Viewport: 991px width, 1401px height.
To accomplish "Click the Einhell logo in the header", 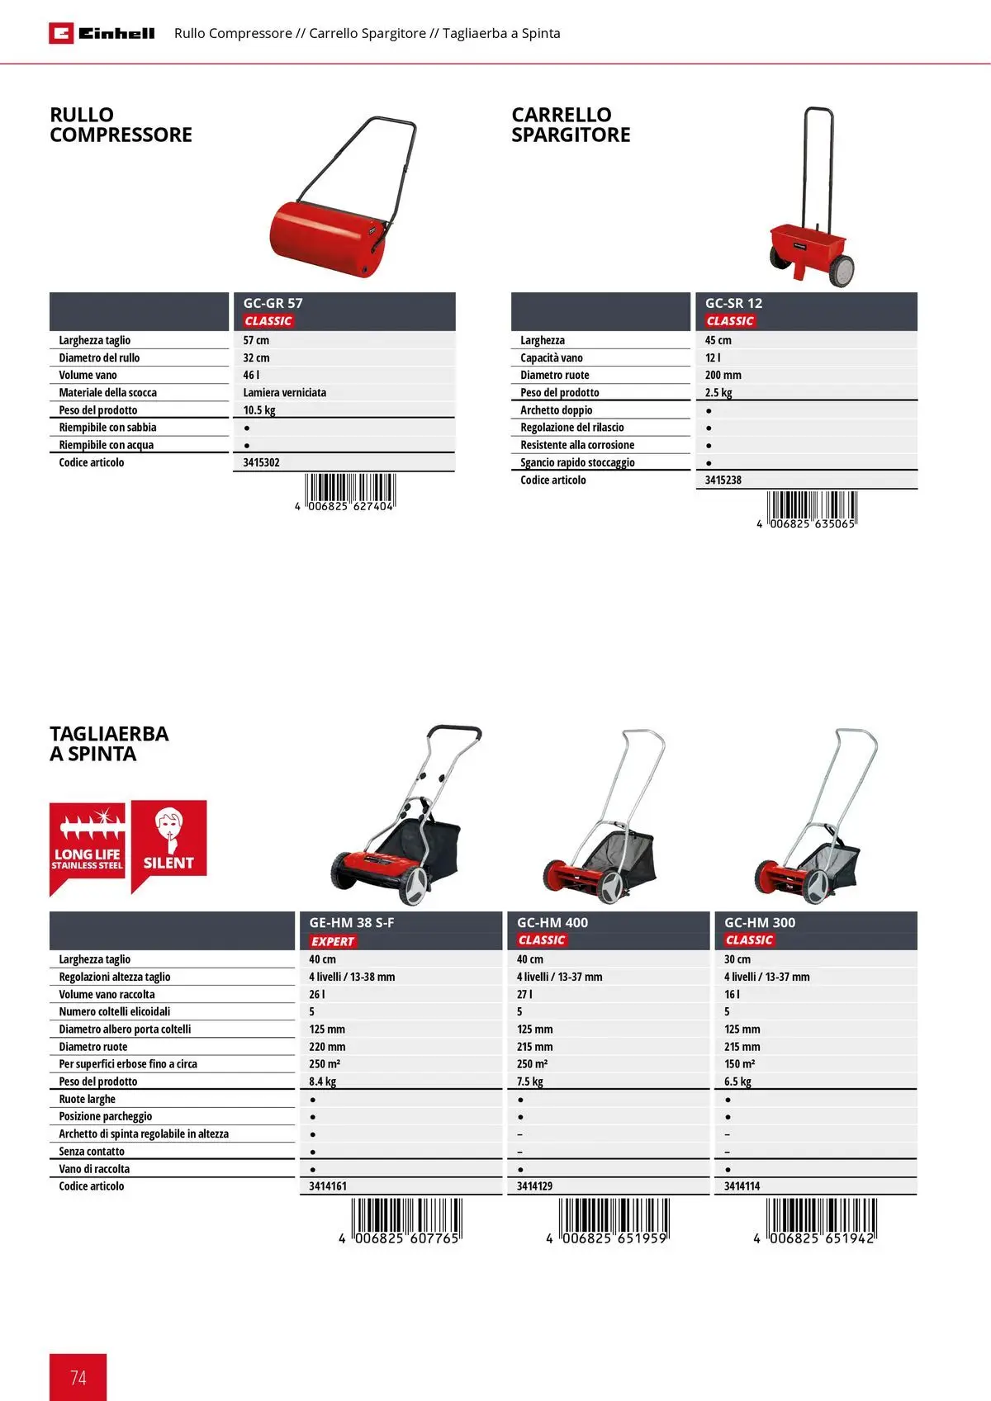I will point(102,33).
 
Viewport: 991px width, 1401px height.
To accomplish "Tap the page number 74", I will point(78,1377).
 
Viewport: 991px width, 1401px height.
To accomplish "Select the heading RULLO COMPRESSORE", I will point(121,125).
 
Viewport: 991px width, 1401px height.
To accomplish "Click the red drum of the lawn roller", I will point(326,239).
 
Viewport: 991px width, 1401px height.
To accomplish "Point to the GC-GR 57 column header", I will point(273,303).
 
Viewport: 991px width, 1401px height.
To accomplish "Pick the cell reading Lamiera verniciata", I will point(284,393).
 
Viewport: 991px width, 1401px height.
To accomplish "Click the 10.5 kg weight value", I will point(259,410).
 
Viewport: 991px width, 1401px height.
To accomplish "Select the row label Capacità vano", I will point(552,358).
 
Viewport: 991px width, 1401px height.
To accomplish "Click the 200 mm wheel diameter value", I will point(723,376).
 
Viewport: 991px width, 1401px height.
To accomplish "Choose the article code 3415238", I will point(723,480).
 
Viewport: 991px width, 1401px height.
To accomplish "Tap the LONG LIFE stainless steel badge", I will point(88,846).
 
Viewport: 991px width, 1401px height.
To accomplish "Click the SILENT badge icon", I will point(168,840).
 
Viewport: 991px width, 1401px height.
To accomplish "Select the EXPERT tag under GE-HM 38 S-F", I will point(333,941).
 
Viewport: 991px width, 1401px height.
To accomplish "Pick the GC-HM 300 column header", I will point(760,922).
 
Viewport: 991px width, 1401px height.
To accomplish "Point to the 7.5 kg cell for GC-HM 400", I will point(530,1082).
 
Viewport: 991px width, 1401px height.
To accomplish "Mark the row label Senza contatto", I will point(92,1152).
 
